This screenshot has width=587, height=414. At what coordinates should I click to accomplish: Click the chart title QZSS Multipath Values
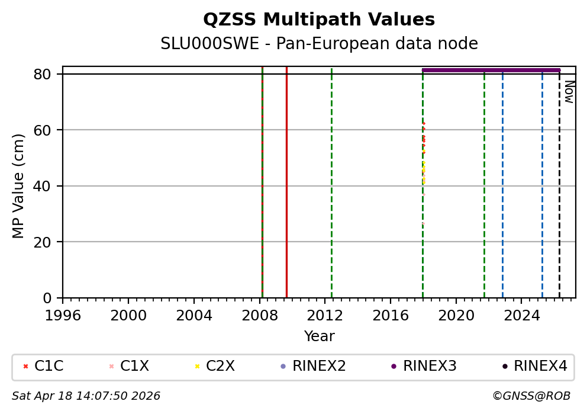point(319,20)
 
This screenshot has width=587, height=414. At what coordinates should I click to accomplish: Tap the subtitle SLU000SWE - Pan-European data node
point(319,44)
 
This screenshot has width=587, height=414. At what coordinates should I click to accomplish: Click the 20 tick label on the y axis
point(49,242)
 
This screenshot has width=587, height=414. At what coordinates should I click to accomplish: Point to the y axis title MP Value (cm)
point(19,186)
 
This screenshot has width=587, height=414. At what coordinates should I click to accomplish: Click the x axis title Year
point(319,336)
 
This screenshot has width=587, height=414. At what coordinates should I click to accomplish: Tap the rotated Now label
point(569,92)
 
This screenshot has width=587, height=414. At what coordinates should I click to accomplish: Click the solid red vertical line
point(286,178)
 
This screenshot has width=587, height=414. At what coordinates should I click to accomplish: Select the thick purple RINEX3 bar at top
point(491,70)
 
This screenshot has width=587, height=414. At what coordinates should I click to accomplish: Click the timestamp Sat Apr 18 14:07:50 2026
point(86,396)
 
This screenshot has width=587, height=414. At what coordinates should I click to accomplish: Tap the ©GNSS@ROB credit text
point(531,396)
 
